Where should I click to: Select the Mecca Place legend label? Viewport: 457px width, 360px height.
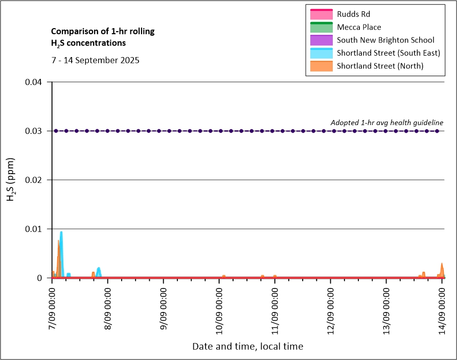(359, 27)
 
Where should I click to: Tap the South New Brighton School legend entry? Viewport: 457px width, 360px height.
(385, 40)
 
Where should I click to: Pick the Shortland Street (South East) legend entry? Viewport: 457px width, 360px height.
(389, 53)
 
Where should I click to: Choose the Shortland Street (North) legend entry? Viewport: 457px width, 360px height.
(380, 66)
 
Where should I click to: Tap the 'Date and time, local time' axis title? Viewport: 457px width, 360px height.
(247, 347)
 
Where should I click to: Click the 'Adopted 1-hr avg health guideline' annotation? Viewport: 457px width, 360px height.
(386, 123)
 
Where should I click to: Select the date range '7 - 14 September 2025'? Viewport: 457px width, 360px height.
(95, 60)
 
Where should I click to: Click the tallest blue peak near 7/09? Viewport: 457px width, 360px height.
(61, 233)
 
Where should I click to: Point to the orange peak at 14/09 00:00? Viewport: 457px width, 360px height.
(442, 265)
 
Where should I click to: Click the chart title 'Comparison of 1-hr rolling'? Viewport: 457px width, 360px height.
(103, 32)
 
